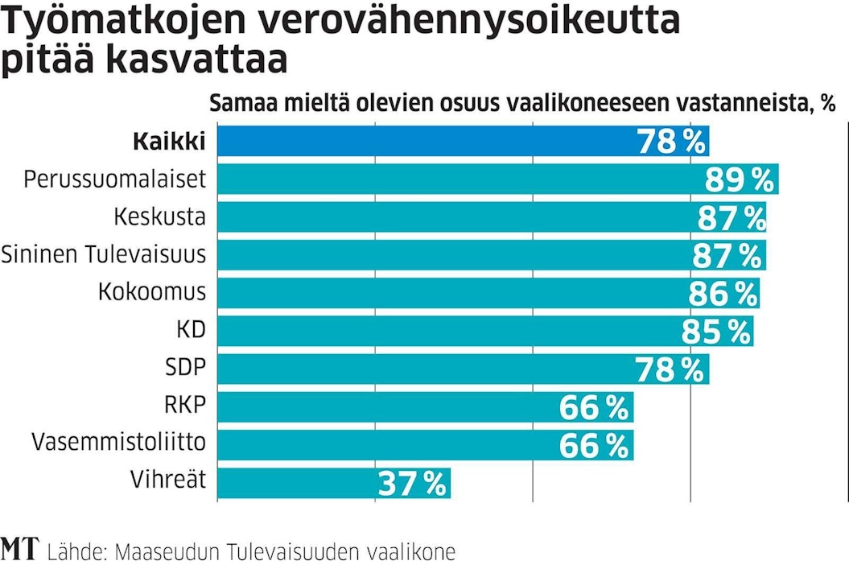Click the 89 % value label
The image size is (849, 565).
pos(739,179)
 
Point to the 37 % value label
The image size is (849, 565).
pos(411,483)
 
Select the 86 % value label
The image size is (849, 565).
pos(723,294)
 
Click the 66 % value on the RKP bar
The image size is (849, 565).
pos(593,407)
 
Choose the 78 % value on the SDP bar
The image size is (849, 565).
pos(669,369)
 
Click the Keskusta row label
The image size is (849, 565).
pos(159,217)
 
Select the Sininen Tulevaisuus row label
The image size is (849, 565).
pos(103,254)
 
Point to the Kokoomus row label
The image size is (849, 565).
pos(152,291)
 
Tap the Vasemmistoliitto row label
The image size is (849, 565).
pos(118,442)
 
